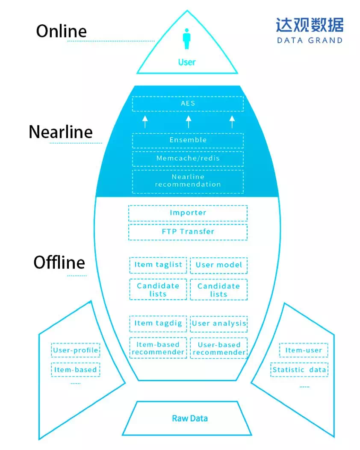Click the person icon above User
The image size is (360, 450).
coord(186,39)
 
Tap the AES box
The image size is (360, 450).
coord(188,103)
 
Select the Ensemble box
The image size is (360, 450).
coord(188,140)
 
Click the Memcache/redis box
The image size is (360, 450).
coord(188,159)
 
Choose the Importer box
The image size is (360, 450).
coord(188,213)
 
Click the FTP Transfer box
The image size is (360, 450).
coord(188,232)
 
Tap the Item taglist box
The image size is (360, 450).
coord(158,265)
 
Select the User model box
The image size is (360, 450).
coord(219,265)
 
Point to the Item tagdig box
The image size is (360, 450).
coord(158,324)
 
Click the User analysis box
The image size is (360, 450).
coord(219,324)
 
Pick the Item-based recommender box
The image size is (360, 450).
coord(158,348)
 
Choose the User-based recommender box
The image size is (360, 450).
coord(219,348)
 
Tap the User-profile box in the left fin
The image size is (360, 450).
coord(76,350)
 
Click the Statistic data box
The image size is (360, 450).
coord(299,370)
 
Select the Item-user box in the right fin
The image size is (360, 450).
coord(304,350)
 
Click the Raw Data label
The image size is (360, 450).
coord(190,418)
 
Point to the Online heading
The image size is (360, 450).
coord(62,31)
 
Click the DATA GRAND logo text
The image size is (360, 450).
coord(310,41)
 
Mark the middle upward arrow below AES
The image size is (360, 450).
coord(188,122)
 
